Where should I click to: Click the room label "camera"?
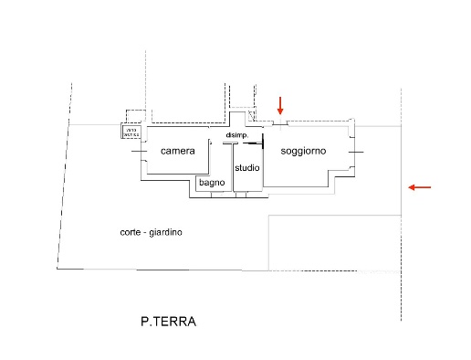(x=177, y=151)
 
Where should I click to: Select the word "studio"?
(x=247, y=168)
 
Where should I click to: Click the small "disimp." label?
(x=237, y=135)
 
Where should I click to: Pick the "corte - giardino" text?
(x=151, y=232)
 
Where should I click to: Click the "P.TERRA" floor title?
(x=168, y=322)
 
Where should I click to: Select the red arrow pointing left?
(x=420, y=187)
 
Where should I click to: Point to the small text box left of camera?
(x=130, y=132)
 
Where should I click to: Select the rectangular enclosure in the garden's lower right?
(x=334, y=242)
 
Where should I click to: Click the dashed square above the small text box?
(x=133, y=116)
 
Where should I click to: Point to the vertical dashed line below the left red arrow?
(x=402, y=274)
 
